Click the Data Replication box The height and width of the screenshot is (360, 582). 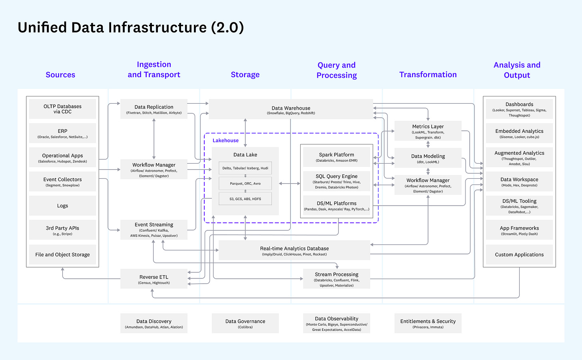click(x=154, y=109)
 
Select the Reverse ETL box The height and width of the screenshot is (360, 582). click(x=154, y=279)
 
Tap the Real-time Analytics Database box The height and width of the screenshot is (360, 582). click(x=294, y=250)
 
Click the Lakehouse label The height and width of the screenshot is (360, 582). click(x=225, y=140)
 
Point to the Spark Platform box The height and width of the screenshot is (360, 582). click(x=337, y=157)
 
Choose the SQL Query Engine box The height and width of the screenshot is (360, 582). click(x=337, y=181)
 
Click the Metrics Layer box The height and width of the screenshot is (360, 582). click(x=428, y=131)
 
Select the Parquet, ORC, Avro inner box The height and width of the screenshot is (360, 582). click(x=245, y=184)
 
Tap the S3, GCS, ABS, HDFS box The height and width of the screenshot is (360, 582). click(x=245, y=199)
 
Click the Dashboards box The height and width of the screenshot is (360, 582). click(x=519, y=109)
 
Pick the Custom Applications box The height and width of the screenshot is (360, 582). click(x=519, y=254)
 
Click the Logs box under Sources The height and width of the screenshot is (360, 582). click(x=62, y=206)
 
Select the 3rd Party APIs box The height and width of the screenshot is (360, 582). click(x=62, y=230)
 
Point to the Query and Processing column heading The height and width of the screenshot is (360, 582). click(x=337, y=70)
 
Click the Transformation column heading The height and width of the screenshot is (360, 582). click(x=428, y=75)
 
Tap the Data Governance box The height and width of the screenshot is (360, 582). click(x=245, y=323)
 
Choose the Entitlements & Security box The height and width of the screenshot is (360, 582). click(x=428, y=323)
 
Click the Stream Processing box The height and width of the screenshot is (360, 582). click(x=337, y=279)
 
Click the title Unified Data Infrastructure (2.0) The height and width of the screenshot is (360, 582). click(x=131, y=28)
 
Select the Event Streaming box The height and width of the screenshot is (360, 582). click(x=154, y=230)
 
